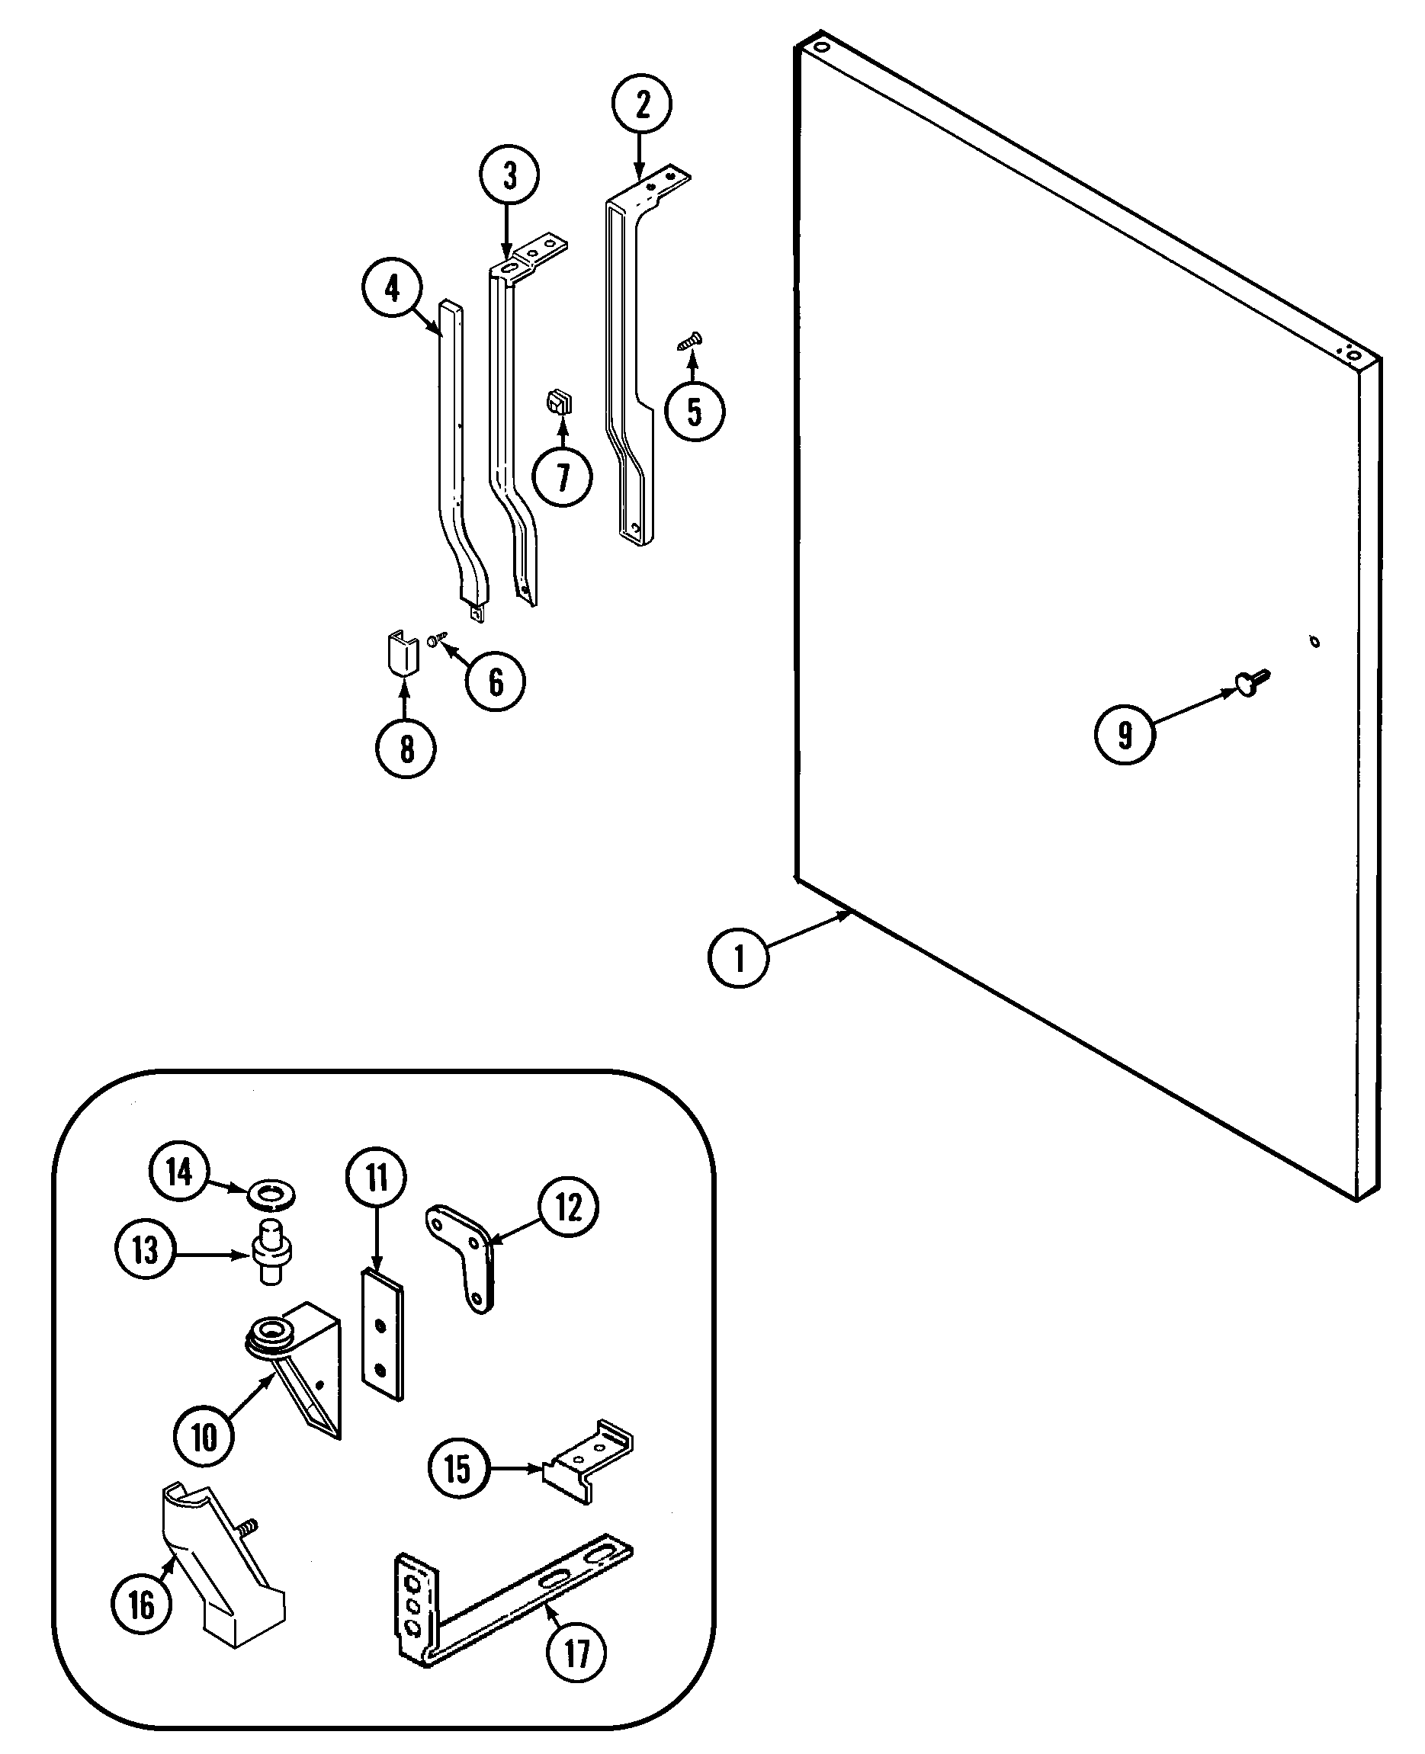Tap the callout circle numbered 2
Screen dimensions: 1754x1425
(642, 105)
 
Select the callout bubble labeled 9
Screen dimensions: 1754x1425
(1125, 734)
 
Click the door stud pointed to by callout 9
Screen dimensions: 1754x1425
(1251, 681)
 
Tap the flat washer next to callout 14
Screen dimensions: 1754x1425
(271, 1194)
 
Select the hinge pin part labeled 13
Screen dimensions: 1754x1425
(271, 1251)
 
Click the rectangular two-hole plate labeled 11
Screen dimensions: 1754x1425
(383, 1335)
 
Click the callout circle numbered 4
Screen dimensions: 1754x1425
(392, 289)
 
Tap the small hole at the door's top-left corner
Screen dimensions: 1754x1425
(823, 46)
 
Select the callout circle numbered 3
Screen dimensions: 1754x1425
(509, 175)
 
